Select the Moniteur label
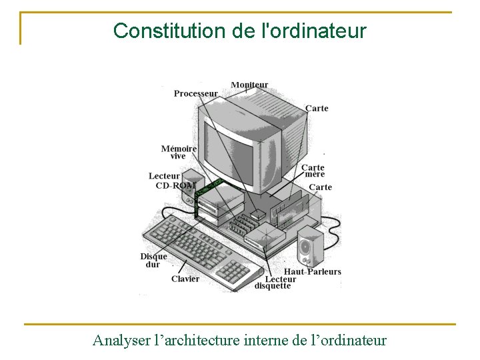(249, 85)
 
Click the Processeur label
(195, 93)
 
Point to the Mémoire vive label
(179, 152)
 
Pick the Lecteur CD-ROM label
(172, 181)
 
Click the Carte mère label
(312, 171)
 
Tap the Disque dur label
(153, 260)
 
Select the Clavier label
(185, 279)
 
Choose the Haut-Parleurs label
(312, 271)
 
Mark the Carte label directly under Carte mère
(320, 187)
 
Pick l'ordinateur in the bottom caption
(348, 341)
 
